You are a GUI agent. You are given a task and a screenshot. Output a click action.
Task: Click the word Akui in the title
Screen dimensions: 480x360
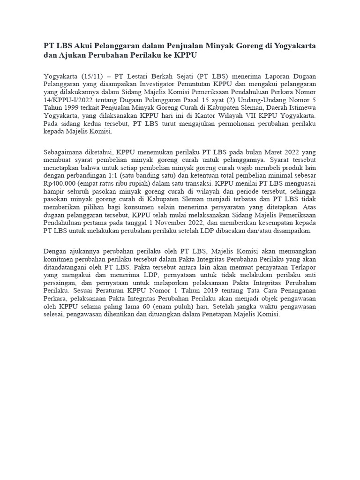click(84, 46)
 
